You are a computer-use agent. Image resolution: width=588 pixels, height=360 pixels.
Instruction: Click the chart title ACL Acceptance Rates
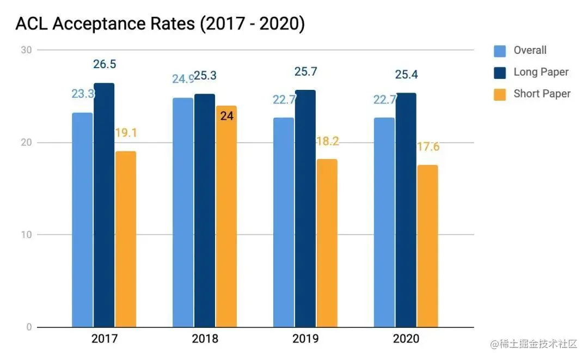coord(160,24)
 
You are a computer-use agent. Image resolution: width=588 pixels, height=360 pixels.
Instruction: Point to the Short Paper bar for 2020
coord(428,246)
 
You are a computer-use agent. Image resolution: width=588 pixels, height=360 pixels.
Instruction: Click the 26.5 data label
coord(105,64)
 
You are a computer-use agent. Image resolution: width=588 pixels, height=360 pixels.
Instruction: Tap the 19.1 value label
coord(125,133)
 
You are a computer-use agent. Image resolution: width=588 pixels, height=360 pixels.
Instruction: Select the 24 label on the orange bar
coord(227,116)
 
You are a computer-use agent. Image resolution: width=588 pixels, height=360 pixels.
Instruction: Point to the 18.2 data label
coord(327,141)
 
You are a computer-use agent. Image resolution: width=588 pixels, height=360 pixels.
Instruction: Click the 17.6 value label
coord(428,147)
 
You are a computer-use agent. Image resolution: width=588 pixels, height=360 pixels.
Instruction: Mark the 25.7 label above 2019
coord(305,71)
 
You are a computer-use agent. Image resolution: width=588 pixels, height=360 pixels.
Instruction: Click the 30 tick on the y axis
coord(26,50)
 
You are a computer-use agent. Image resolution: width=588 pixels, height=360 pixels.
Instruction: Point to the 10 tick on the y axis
coord(26,235)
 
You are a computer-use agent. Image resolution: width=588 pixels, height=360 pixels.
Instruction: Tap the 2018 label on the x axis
coord(205,339)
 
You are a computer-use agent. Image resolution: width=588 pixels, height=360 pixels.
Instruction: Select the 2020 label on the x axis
coord(406,339)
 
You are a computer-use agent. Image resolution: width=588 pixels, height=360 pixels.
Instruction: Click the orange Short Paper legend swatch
coord(500,94)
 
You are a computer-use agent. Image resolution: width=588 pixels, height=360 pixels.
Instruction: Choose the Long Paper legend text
coord(541,72)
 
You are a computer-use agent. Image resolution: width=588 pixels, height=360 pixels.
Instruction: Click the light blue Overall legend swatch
coord(500,51)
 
